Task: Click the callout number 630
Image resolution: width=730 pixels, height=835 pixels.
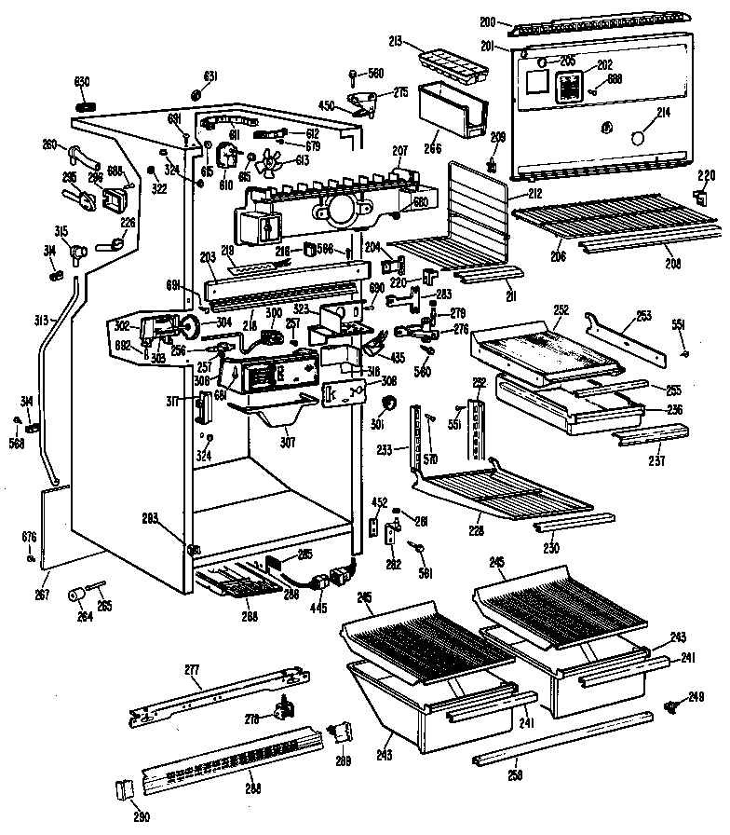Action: point(82,80)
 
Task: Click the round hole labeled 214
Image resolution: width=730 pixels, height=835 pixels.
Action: point(637,138)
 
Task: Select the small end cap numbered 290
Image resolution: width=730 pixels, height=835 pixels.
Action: point(128,788)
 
